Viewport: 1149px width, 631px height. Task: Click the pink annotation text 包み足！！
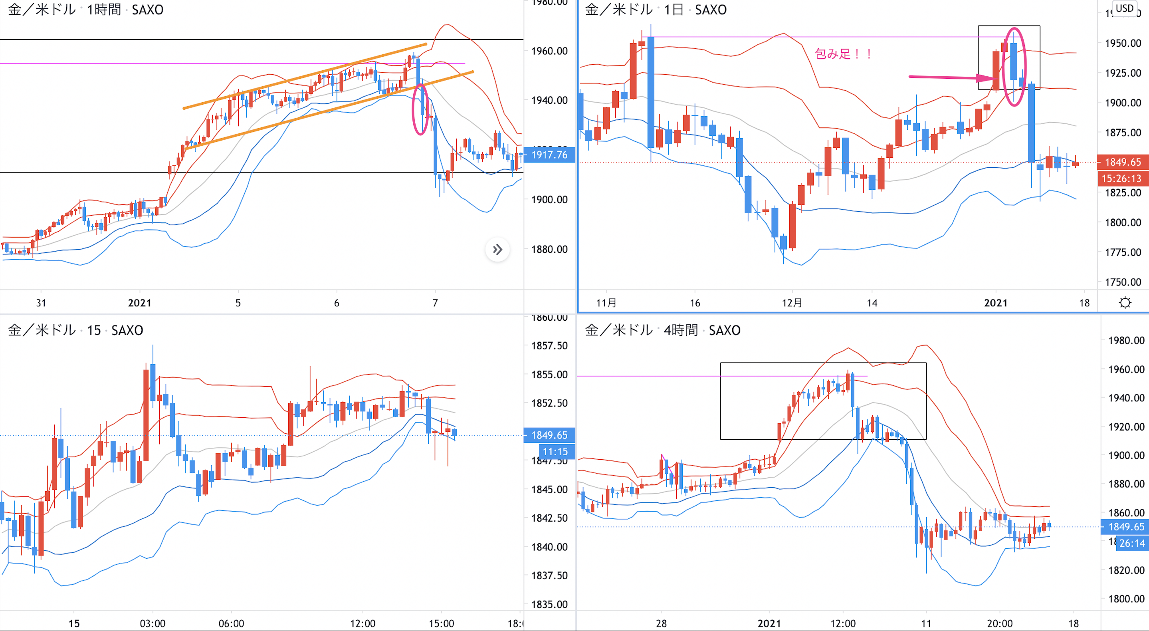tap(842, 54)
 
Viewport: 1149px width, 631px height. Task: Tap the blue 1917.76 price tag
tap(549, 155)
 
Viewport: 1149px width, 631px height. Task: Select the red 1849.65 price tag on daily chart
tap(1122, 162)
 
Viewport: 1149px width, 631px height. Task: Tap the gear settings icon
tap(1125, 303)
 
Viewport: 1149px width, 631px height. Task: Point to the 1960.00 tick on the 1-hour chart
tap(549, 51)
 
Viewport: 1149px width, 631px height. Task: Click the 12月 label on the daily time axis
tap(792, 303)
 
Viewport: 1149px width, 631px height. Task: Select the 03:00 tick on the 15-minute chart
tap(153, 623)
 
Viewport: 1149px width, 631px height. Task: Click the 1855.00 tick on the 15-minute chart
tap(549, 374)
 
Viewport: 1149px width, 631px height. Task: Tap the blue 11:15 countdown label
tap(555, 452)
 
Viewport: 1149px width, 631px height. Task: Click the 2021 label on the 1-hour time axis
tap(140, 303)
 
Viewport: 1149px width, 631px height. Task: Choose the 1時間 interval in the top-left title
tap(103, 9)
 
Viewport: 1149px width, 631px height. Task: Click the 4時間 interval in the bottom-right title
tap(681, 330)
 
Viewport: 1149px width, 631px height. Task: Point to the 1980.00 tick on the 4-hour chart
tap(1126, 341)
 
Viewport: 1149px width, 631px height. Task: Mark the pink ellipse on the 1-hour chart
tap(420, 109)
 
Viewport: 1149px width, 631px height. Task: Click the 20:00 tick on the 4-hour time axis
tap(1000, 623)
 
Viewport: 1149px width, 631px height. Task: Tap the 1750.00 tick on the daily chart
tap(1123, 282)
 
